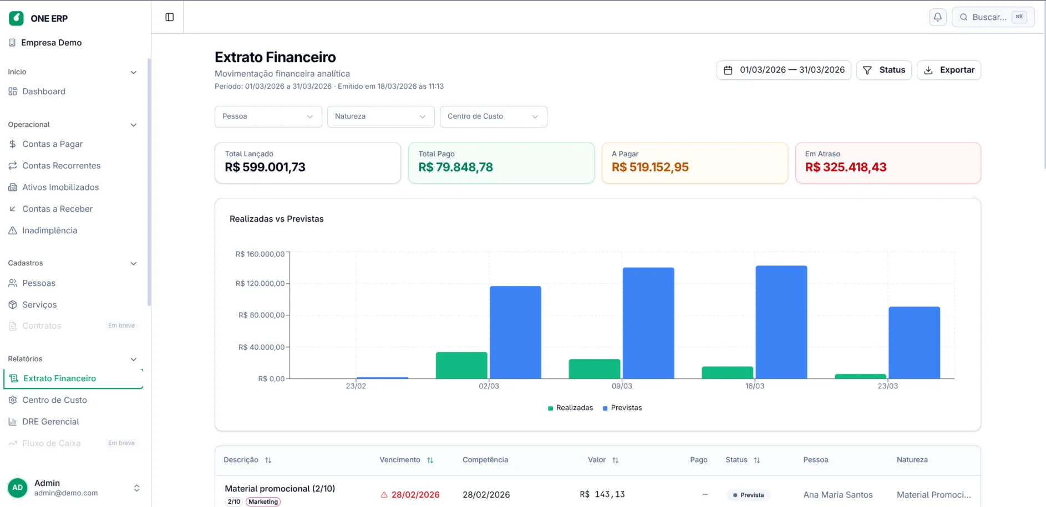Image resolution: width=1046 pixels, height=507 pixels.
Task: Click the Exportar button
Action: [x=948, y=70]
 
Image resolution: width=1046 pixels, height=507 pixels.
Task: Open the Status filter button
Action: [x=883, y=70]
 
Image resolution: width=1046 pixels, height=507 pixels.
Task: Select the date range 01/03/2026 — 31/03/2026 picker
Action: [x=784, y=70]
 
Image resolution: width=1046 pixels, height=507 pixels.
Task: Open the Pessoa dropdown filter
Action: [x=268, y=117]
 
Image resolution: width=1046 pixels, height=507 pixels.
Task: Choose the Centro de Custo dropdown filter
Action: [x=493, y=117]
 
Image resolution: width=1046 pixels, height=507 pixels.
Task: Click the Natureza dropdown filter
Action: [x=380, y=117]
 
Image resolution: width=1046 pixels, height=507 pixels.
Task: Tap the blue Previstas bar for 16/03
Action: [x=781, y=322]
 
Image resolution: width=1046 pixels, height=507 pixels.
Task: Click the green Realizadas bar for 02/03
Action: [x=461, y=366]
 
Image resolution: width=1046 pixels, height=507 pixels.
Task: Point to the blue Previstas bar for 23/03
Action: [x=914, y=343]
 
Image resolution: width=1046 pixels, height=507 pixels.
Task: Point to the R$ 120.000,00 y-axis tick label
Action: [x=260, y=284]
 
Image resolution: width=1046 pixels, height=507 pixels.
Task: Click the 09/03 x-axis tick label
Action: [x=622, y=386]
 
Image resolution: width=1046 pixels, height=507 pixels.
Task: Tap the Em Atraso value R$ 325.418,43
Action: [x=846, y=167]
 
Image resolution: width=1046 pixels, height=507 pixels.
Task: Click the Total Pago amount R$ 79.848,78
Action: [x=455, y=167]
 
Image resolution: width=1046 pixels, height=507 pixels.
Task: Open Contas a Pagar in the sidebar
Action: [x=52, y=144]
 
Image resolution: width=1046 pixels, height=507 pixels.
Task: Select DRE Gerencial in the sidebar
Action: [x=50, y=422]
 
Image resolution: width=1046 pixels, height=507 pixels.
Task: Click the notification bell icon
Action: [x=937, y=17]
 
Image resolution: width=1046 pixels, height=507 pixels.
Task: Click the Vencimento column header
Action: [x=400, y=460]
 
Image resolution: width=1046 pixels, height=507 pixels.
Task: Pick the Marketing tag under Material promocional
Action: [x=263, y=502]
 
